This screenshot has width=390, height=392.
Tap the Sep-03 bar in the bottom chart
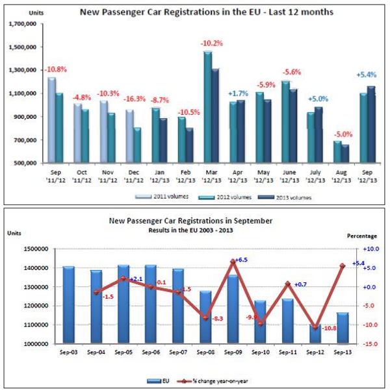68,304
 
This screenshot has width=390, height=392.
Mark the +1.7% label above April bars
237,93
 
